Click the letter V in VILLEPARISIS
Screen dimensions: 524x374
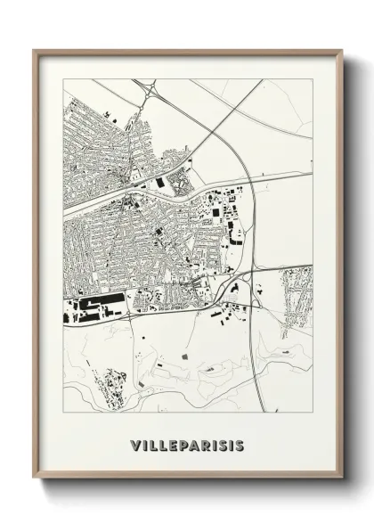point(134,443)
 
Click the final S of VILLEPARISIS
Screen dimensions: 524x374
point(241,443)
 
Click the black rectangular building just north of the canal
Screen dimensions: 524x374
point(161,183)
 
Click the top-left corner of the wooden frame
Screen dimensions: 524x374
point(35,51)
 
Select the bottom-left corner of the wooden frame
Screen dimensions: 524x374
point(35,479)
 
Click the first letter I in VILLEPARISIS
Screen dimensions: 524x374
point(143,443)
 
